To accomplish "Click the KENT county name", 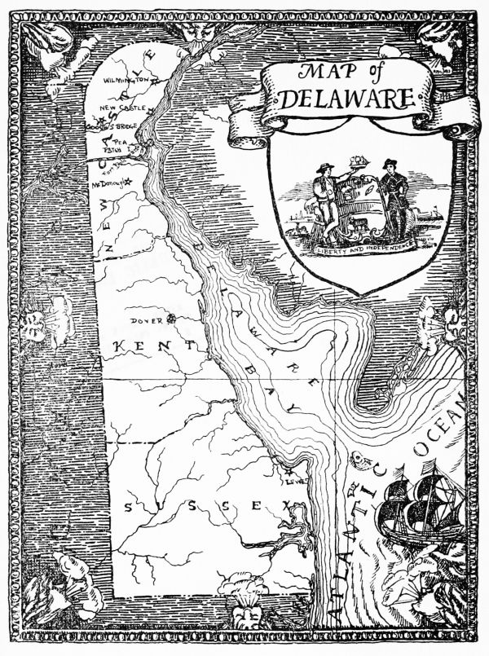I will [x=153, y=347].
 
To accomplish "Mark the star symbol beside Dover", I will [x=171, y=319].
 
